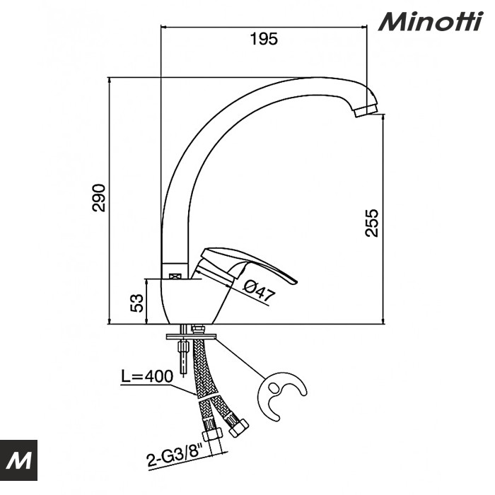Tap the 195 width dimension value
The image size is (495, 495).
264,39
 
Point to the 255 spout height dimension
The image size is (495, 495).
372,222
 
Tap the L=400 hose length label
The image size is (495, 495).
148,377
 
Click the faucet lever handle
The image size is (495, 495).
255,267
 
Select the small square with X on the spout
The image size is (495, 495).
175,269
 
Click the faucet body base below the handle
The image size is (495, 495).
191,301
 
